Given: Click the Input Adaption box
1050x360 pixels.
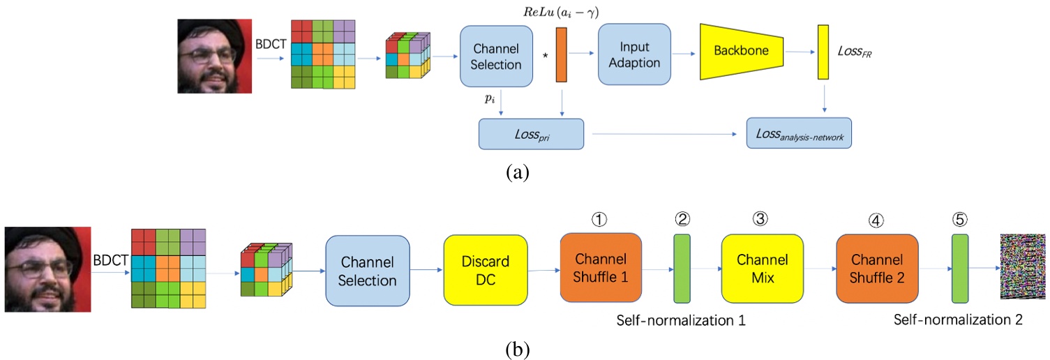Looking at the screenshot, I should (x=634, y=55).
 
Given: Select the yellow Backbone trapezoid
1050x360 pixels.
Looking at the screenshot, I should (x=742, y=52).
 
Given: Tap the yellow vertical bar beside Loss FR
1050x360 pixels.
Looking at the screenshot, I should (x=823, y=52).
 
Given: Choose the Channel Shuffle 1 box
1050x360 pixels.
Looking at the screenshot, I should (x=600, y=268).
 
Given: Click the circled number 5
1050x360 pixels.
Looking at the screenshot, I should (x=960, y=218).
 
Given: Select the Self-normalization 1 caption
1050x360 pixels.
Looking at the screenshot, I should (x=681, y=321).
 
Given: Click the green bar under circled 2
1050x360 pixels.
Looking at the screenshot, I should (x=682, y=269).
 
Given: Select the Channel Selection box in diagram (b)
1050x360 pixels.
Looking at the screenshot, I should (x=368, y=271).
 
